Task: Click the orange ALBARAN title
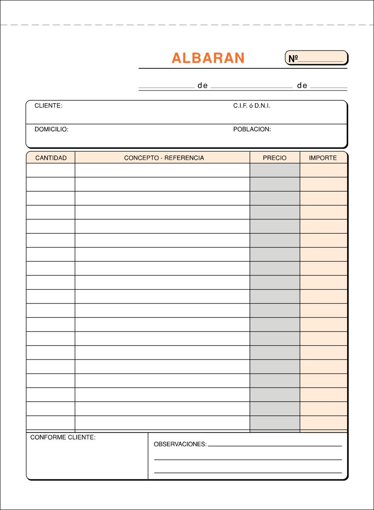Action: (x=208, y=58)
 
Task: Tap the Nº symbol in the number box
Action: (x=292, y=59)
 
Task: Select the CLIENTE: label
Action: (x=48, y=106)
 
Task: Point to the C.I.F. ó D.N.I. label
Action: (x=251, y=106)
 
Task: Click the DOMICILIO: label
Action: (x=51, y=129)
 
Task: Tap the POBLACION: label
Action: (x=252, y=129)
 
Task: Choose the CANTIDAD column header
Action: (x=51, y=158)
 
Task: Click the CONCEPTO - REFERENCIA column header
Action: (x=164, y=158)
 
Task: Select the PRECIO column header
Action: (x=274, y=158)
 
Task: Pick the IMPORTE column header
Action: (x=323, y=158)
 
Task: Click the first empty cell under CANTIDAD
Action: (x=51, y=170)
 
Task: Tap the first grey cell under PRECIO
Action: (x=274, y=170)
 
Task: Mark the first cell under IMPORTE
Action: (x=323, y=170)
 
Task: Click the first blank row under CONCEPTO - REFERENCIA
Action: (x=162, y=170)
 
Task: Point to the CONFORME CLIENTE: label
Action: (x=63, y=437)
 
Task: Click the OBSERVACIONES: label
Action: (x=180, y=444)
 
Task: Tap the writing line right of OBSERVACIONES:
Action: (x=275, y=445)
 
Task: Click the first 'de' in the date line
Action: (x=203, y=85)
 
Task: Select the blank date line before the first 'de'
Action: (x=166, y=87)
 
